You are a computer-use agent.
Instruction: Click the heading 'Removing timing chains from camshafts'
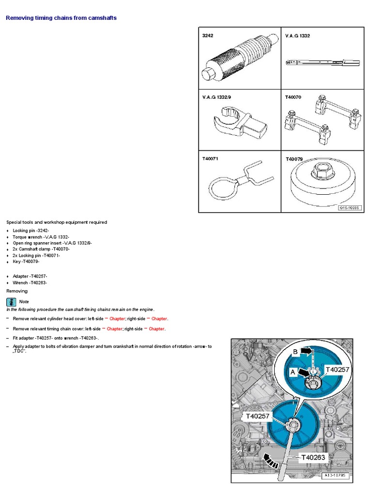61,18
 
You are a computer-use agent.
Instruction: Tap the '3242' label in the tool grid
208,36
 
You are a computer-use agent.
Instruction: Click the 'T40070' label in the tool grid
293,97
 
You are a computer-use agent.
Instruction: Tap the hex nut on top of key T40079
322,170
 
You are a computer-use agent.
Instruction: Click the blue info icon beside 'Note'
11,301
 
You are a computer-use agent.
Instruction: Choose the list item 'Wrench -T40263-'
30,282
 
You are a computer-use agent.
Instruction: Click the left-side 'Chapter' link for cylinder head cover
117,319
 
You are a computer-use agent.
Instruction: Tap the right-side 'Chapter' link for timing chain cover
156,329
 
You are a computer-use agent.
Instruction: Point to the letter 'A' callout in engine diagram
292,372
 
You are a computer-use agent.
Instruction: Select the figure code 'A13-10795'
335,476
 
